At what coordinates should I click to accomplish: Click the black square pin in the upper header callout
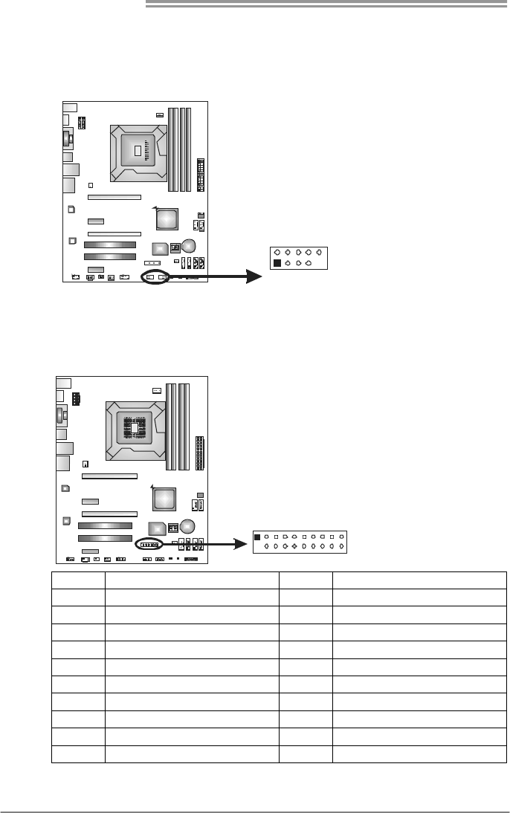tap(277, 263)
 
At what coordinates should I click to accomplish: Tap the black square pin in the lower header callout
tap(257, 536)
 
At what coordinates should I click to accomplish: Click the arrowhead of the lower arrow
tap(240, 544)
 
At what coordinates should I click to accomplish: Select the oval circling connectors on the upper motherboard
tap(156, 277)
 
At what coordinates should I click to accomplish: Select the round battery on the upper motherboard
tap(189, 245)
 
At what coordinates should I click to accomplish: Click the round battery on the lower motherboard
tap(187, 526)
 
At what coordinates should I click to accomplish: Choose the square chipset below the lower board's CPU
tap(164, 498)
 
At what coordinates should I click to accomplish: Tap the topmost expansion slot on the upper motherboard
tap(114, 198)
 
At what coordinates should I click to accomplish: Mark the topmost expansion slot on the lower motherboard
tap(109, 476)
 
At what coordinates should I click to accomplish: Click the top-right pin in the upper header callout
tap(317, 252)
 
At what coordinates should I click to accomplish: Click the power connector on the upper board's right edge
tap(201, 174)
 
